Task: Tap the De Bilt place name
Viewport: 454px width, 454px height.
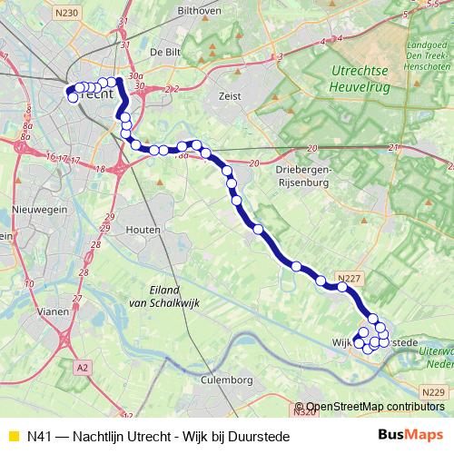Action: click(167, 53)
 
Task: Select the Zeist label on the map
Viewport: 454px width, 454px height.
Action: click(229, 94)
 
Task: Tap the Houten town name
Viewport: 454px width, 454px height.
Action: click(143, 229)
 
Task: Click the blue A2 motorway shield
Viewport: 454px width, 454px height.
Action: click(83, 367)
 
